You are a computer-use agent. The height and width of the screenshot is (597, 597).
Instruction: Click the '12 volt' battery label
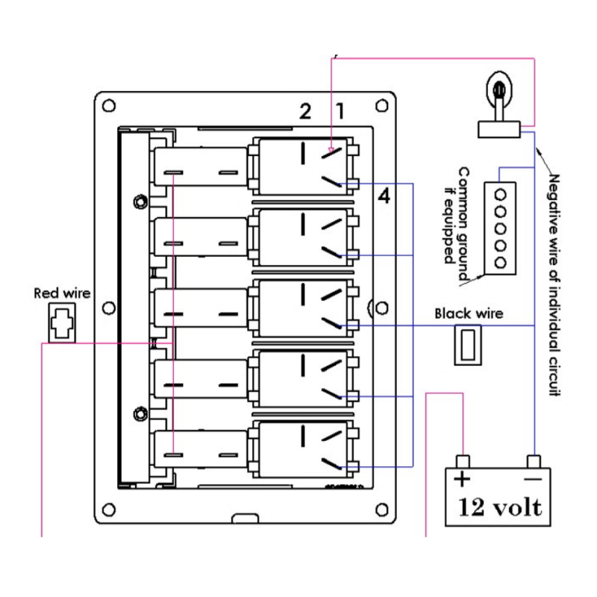pyautogui.click(x=500, y=507)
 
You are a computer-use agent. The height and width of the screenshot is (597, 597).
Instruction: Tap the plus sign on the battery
pyautogui.click(x=463, y=478)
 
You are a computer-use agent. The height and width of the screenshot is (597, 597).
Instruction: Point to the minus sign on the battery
pyautogui.click(x=531, y=478)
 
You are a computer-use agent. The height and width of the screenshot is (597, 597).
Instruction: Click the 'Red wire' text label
pyautogui.click(x=62, y=293)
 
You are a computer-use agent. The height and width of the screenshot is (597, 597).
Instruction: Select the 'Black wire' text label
pyautogui.click(x=469, y=313)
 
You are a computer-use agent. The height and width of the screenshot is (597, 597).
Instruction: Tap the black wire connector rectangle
pyautogui.click(x=469, y=346)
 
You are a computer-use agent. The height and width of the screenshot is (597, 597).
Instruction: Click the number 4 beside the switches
pyautogui.click(x=384, y=197)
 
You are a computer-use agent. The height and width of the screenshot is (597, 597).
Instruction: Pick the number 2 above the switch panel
pyautogui.click(x=304, y=112)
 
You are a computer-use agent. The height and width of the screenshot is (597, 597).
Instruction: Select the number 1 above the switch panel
pyautogui.click(x=340, y=112)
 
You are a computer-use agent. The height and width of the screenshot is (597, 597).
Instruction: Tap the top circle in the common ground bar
pyautogui.click(x=501, y=191)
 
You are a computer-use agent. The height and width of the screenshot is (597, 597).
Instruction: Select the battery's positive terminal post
pyautogui.click(x=463, y=460)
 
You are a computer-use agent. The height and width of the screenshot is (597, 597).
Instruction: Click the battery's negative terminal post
pyautogui.click(x=533, y=460)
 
